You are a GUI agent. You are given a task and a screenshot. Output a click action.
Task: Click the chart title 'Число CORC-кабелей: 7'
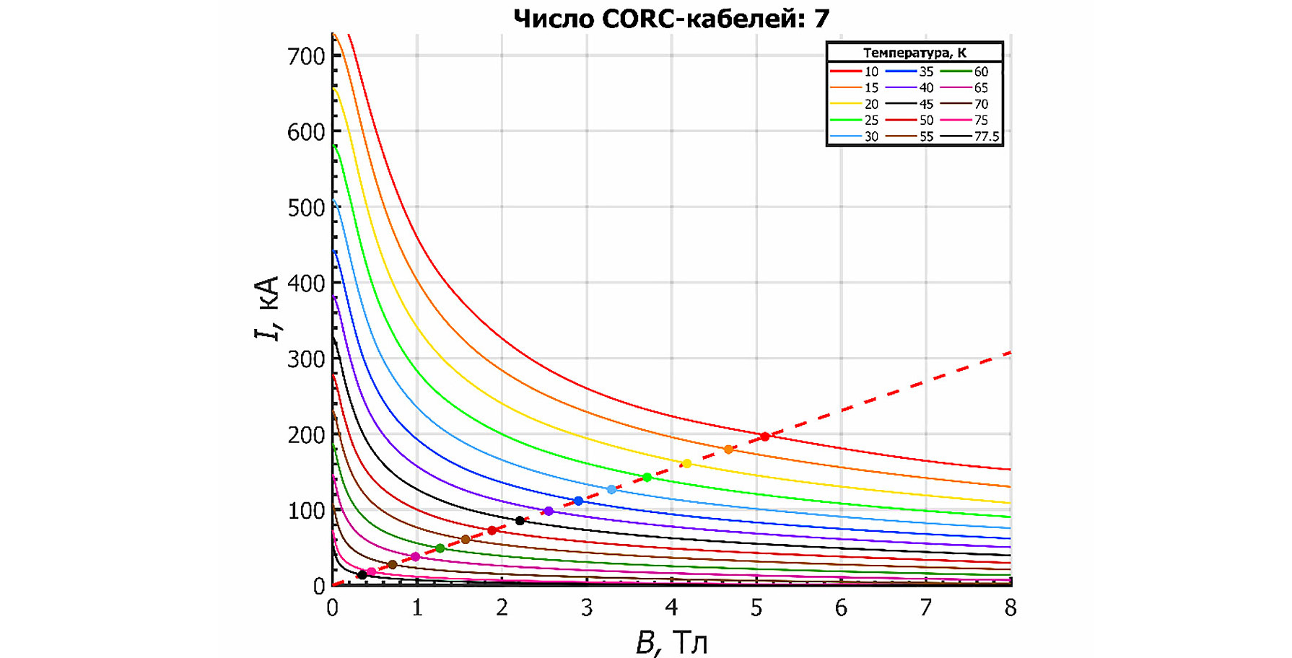[671, 18]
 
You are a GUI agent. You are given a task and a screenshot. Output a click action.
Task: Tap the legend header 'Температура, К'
[915, 53]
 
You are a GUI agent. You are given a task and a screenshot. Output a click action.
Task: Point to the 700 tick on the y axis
[306, 56]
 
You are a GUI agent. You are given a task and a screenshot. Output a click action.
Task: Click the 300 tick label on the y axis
[306, 359]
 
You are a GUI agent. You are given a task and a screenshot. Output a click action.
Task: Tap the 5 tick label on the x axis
[756, 608]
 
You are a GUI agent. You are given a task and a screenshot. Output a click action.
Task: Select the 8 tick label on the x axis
[1011, 608]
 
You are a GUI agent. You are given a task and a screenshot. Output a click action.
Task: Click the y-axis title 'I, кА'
[267, 308]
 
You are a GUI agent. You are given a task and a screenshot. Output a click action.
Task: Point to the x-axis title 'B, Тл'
[671, 642]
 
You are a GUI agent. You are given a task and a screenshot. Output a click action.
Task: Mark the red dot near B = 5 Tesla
[765, 437]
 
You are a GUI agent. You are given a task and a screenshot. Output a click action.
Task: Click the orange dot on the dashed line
[728, 449]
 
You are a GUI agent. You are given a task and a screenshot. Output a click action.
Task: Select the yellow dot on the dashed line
[686, 464]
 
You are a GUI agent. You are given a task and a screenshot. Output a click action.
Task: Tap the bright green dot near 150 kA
[647, 478]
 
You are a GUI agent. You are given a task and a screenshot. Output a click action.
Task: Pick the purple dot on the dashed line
[549, 511]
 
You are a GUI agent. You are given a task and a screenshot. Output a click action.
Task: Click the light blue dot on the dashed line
[611, 490]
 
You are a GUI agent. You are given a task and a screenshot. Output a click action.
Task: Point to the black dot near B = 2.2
[520, 521]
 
